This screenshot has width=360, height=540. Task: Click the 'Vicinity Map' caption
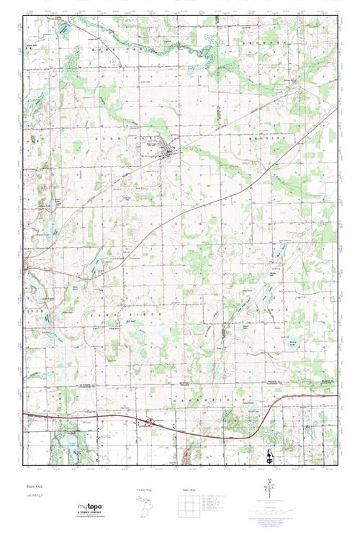(144, 489)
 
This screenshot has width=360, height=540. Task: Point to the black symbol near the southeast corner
(270, 454)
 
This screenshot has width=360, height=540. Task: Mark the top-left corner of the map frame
(24, 14)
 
